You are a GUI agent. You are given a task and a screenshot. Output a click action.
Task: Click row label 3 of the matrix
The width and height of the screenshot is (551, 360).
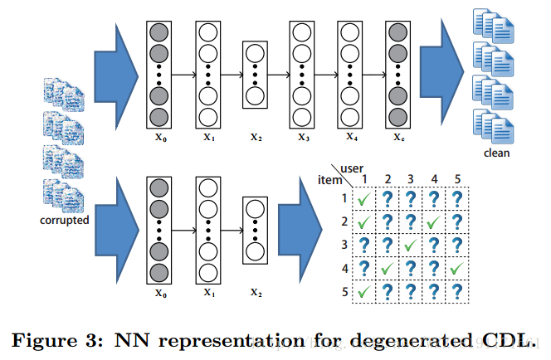point(344,245)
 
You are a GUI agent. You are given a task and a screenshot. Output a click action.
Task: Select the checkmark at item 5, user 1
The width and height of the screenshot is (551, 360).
point(363,291)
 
